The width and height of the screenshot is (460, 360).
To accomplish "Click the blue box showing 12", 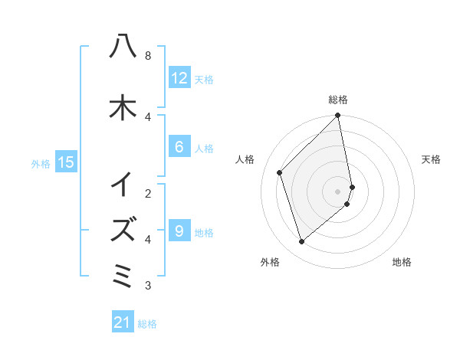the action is coord(179,78).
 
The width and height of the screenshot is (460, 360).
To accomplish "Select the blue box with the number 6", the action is coord(179,148).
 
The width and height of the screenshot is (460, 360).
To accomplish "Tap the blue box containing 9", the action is coord(179,231).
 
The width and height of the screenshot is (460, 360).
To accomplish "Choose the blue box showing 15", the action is coord(66,162).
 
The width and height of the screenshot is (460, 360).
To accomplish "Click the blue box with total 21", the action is coord(123,323).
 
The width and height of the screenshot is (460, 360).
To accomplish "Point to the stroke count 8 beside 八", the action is coord(147,56).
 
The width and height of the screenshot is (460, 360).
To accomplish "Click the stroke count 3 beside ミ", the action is coord(147,286).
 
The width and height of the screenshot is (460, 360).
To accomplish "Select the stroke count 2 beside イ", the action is coord(147,192).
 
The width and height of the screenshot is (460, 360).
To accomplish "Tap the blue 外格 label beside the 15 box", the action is coord(41,162).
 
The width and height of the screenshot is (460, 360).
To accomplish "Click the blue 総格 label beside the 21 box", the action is coord(147,324).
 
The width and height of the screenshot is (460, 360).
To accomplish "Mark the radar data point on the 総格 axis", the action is coord(338,116).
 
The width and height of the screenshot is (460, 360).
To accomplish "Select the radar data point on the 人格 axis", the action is coord(280,172).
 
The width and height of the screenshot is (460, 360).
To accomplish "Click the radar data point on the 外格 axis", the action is coord(301,242).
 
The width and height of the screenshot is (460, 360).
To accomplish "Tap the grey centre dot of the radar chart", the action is coord(338,191).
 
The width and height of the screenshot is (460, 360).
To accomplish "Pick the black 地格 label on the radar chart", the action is coord(402,262).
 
